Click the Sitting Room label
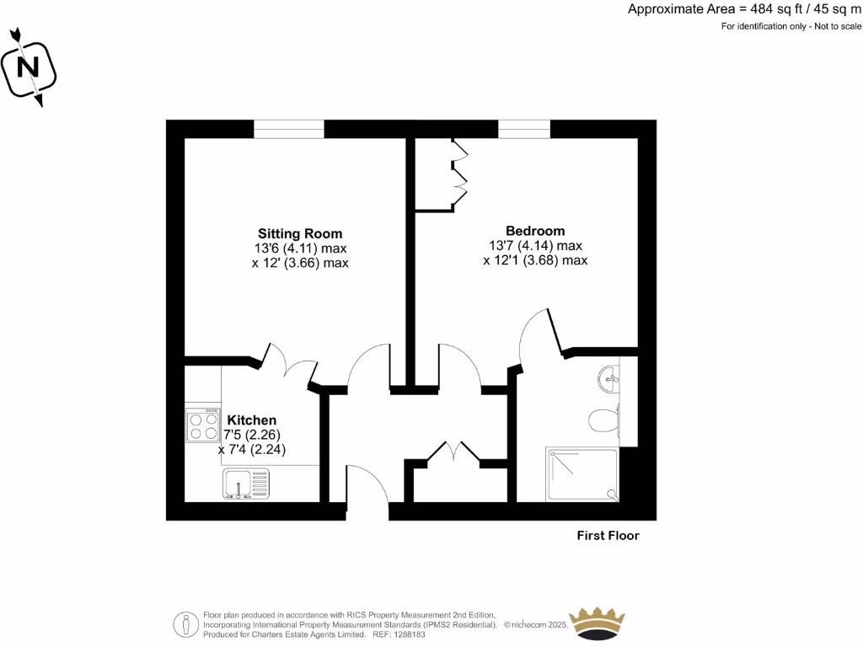pos(300,233)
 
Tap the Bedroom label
pos(535,231)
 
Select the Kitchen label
pos(252,420)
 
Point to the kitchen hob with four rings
pos(203,425)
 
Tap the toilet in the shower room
pos(604,419)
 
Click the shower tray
pos(582,473)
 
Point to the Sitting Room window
pos(289,129)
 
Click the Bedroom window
pos(523,129)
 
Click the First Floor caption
pos(608,536)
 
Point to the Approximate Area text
pos(744,9)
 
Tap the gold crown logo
pos(598,622)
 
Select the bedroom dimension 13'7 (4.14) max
pos(535,246)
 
